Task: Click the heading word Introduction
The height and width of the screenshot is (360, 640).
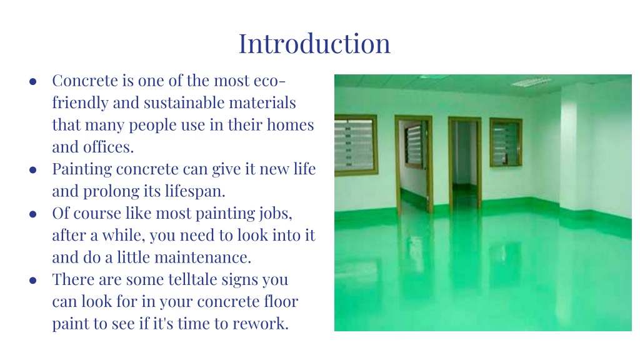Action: [314, 43]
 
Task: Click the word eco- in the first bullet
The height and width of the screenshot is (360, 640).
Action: [269, 81]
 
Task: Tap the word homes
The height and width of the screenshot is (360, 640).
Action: [290, 124]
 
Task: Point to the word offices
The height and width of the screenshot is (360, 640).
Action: [108, 146]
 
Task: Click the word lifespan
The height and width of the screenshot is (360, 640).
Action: [195, 191]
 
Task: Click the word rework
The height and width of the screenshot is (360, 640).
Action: [261, 323]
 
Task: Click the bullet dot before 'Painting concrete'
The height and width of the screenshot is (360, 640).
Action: [33, 170]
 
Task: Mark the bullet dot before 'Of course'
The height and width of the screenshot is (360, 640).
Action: [33, 214]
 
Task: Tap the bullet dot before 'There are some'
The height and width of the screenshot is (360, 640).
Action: [33, 281]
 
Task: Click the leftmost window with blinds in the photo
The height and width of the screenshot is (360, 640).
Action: [356, 145]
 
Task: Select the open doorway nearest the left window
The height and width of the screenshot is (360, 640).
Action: [414, 163]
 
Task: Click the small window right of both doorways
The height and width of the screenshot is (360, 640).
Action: [506, 142]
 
